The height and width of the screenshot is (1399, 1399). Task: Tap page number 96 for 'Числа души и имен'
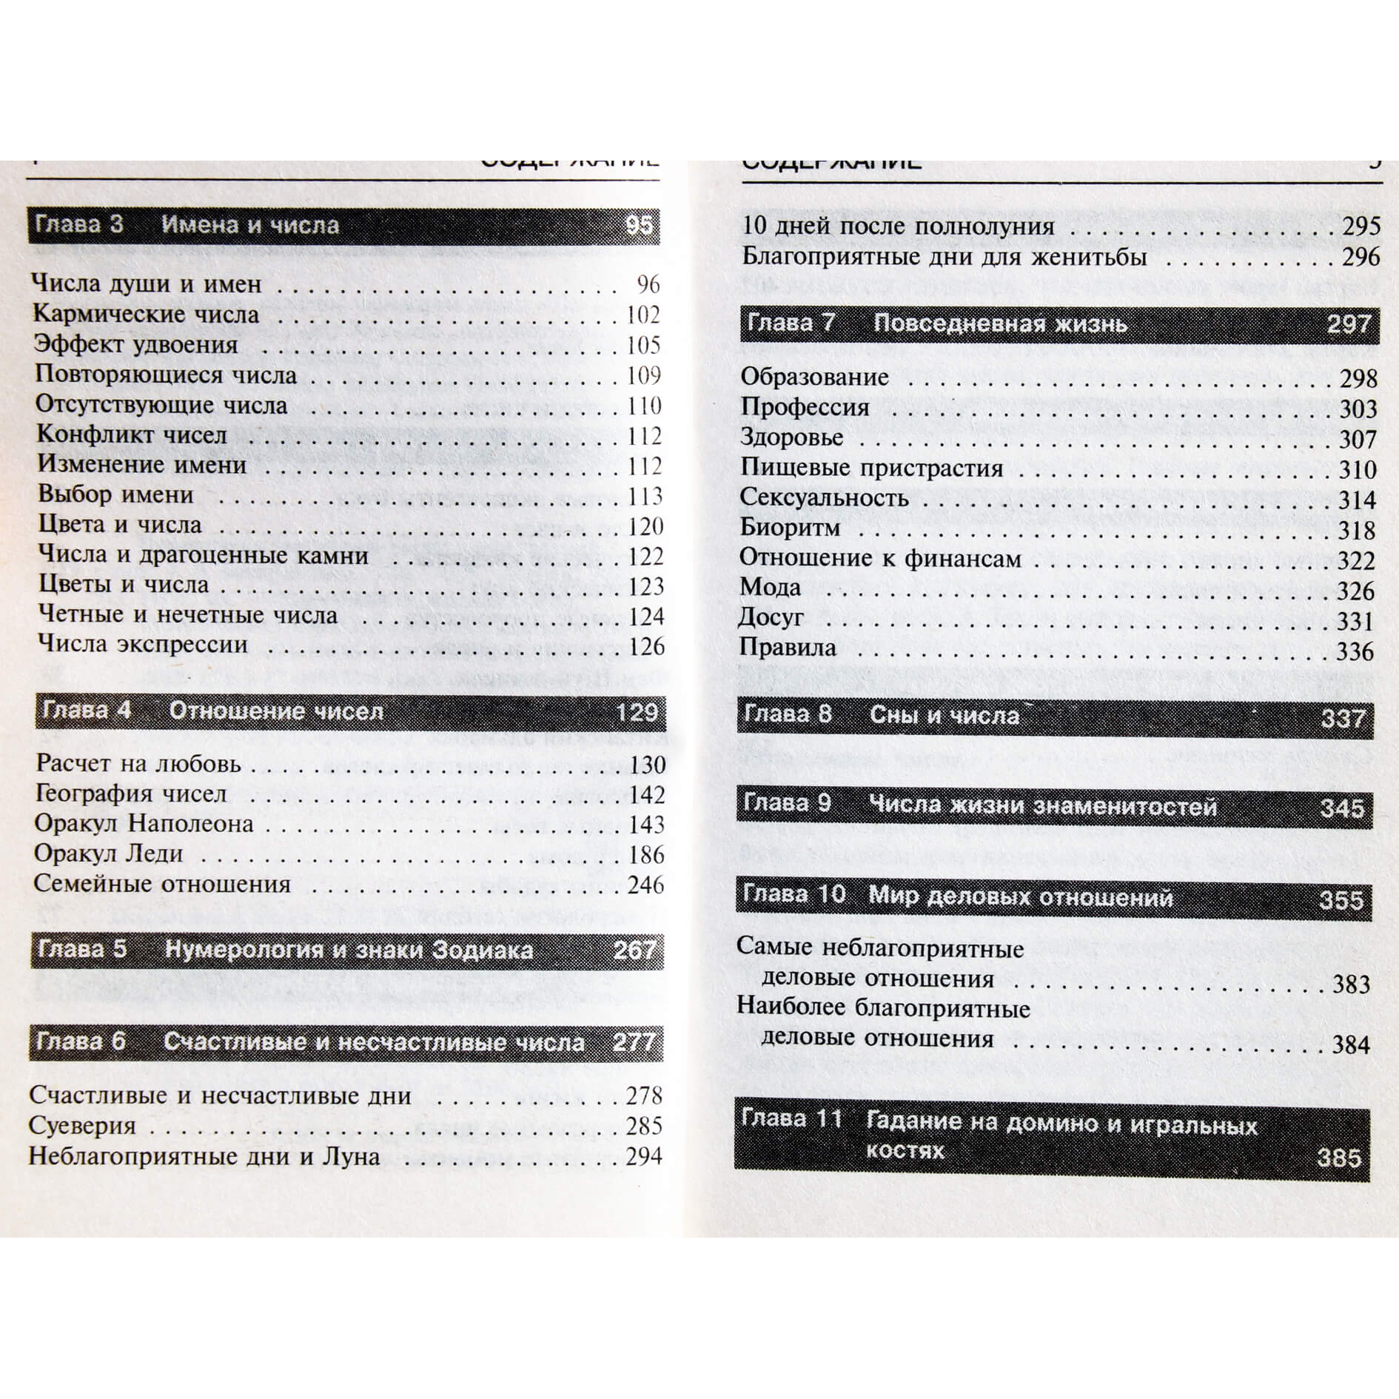click(648, 285)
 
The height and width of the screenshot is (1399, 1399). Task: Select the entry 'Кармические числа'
click(147, 315)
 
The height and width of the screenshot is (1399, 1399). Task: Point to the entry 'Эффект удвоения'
click(137, 345)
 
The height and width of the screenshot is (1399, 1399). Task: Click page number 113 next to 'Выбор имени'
click(645, 496)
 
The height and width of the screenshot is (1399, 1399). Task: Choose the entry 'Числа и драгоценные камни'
click(203, 555)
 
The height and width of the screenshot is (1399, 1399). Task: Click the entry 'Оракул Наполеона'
click(144, 824)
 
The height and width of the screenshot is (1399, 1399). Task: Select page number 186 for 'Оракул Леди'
click(646, 855)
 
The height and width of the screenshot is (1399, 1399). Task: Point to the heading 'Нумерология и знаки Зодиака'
click(349, 950)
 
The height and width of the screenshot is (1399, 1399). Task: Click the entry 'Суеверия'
click(82, 1126)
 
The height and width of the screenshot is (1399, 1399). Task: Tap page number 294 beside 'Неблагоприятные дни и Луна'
click(643, 1156)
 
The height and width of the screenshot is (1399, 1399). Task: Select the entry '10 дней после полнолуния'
click(898, 226)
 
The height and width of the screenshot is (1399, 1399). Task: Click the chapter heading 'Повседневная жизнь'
click(1000, 324)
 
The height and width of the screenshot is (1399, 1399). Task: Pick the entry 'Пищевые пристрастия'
click(872, 469)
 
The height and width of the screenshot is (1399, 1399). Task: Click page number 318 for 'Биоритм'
click(1357, 531)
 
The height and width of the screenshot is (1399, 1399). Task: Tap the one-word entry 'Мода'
click(770, 588)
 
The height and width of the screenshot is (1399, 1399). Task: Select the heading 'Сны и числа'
click(944, 715)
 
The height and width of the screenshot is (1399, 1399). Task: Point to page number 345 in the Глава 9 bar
click(1341, 808)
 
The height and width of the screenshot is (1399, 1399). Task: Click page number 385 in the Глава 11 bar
click(1339, 1157)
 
